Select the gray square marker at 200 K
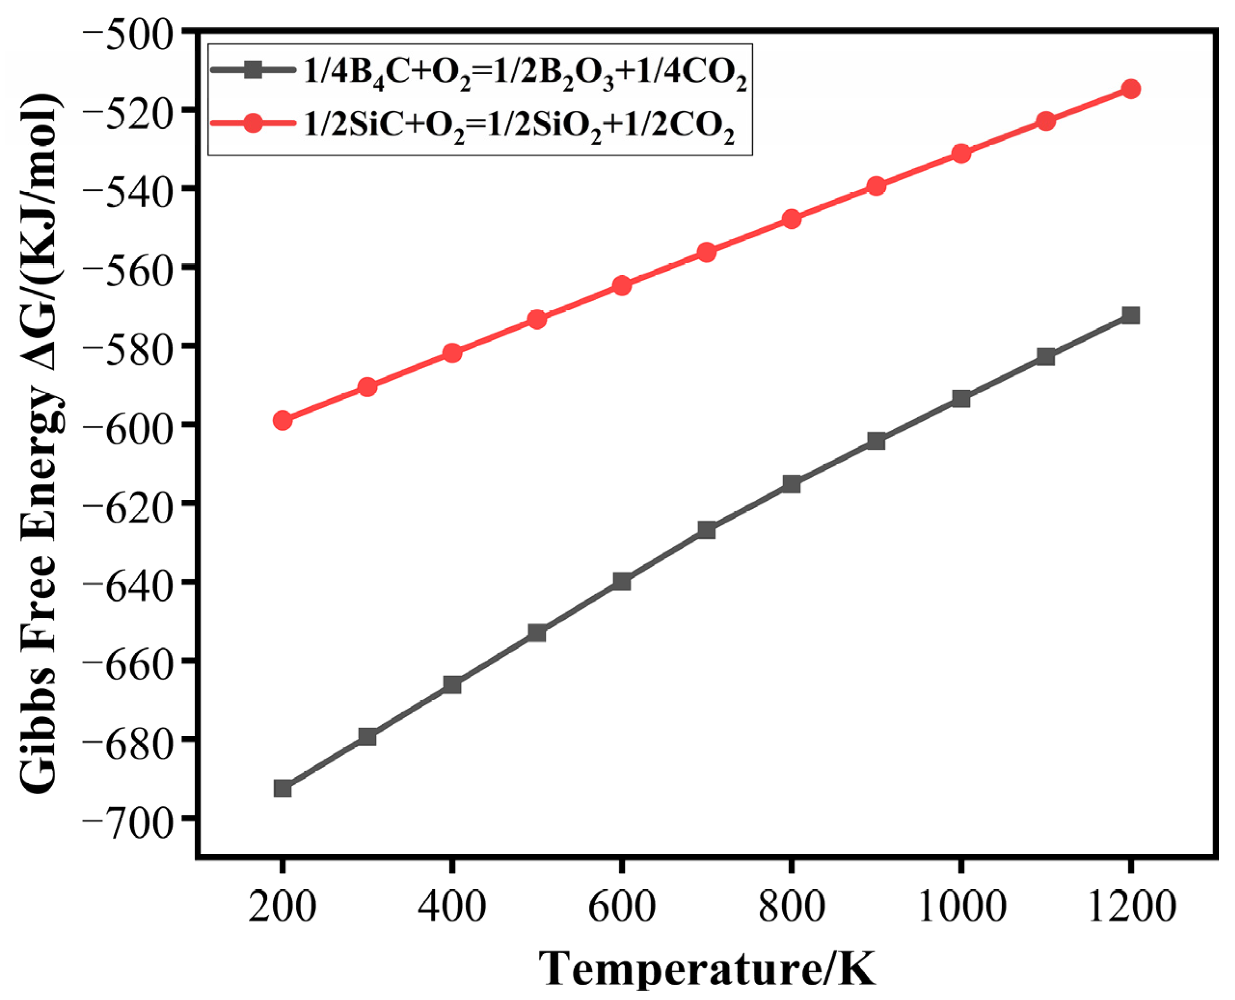click(x=282, y=788)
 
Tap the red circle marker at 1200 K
click(x=1131, y=89)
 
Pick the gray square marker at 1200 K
click(x=1131, y=315)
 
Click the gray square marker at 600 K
click(x=621, y=581)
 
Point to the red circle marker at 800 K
click(x=792, y=219)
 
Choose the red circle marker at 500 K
click(x=537, y=319)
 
